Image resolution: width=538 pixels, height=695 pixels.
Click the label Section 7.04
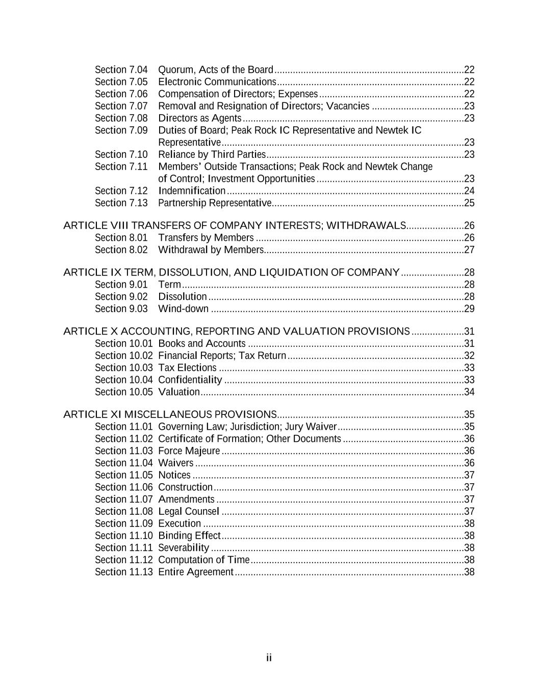[121, 70]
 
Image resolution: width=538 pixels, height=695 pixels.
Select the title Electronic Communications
[217, 82]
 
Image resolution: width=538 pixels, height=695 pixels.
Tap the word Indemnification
[192, 191]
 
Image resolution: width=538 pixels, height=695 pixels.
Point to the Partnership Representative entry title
[215, 203]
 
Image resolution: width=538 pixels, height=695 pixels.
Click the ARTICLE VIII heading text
[235, 226]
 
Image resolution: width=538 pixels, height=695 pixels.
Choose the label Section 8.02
[121, 250]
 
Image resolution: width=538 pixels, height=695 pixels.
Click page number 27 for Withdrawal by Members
[469, 250]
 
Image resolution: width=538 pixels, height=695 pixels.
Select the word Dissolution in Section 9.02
[183, 297]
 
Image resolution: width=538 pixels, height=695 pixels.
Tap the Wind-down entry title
[183, 309]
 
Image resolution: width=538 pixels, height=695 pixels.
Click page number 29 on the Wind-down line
[469, 309]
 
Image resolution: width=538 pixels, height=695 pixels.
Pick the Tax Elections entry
[187, 368]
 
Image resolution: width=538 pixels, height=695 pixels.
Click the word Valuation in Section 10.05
[179, 392]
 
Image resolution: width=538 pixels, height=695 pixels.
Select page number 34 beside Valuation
[469, 392]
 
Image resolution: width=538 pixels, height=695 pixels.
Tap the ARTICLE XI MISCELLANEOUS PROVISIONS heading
[170, 414]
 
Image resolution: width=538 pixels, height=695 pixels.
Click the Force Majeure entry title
[189, 451]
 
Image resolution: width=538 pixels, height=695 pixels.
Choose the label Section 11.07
[123, 499]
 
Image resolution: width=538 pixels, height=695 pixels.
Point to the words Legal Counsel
[189, 512]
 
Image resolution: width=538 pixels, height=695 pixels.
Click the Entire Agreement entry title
[196, 572]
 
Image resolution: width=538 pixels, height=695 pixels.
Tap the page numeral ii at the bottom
[269, 658]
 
